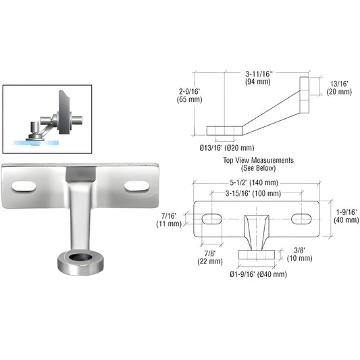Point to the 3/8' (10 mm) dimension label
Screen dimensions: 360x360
[x=298, y=253]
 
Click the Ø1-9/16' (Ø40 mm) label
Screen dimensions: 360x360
[x=257, y=274]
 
